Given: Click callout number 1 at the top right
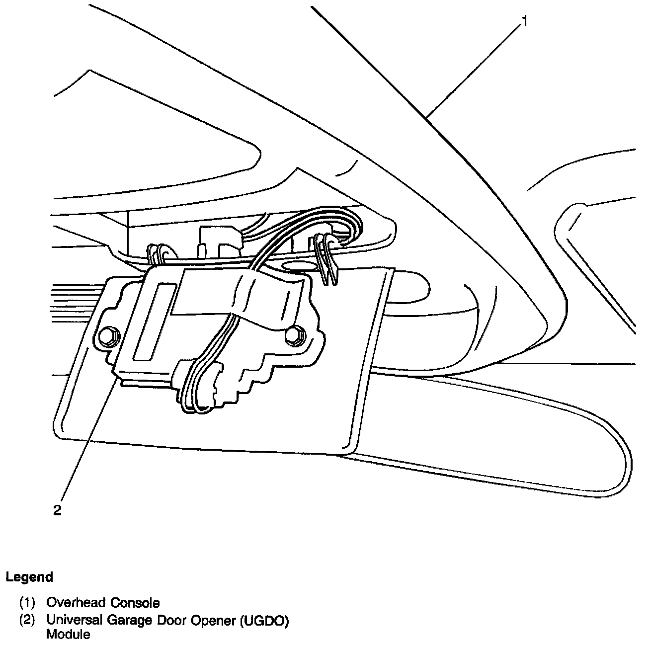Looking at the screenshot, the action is tap(523, 22).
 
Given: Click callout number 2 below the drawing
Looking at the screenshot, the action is tap(58, 510).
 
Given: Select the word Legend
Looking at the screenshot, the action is tap(29, 577).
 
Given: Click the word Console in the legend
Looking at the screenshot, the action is tap(135, 603).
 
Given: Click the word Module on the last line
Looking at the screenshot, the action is tap(68, 634).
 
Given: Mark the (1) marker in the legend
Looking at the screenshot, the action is tap(27, 603).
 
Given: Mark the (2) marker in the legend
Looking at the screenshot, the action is tap(27, 620).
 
